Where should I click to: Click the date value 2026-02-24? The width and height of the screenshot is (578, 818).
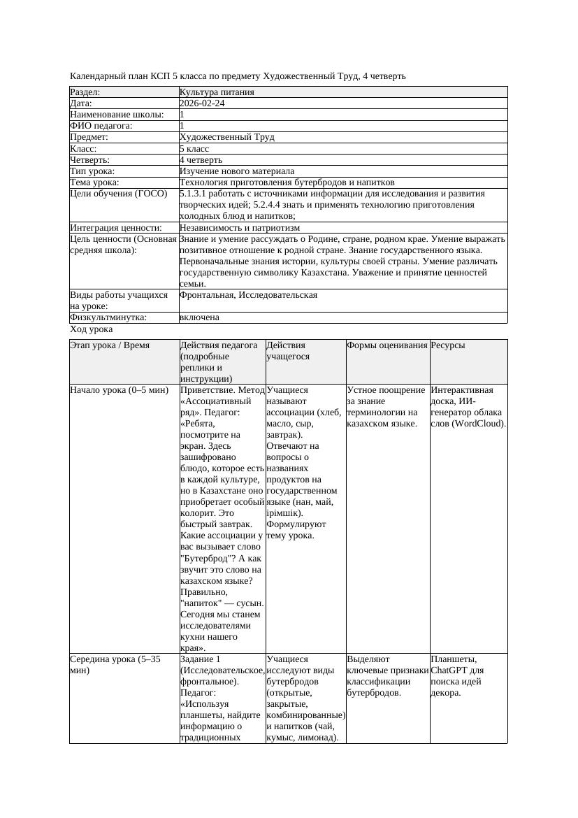pyautogui.click(x=202, y=103)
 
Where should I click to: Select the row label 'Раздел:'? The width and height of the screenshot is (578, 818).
pyautogui.click(x=85, y=92)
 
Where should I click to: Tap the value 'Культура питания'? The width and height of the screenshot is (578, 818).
pyautogui.click(x=217, y=92)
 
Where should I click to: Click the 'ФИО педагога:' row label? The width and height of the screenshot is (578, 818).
pyautogui.click(x=101, y=126)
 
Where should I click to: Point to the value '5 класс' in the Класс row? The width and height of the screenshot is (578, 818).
pyautogui.click(x=194, y=149)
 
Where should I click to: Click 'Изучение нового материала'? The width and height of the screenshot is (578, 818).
pyautogui.click(x=236, y=171)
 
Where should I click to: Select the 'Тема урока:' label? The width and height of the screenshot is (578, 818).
pyautogui.click(x=94, y=182)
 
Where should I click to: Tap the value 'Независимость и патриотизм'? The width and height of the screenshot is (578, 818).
pyautogui.click(x=239, y=228)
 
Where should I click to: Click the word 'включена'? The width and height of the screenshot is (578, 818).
pyautogui.click(x=199, y=317)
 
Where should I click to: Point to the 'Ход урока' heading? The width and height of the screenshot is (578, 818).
pyautogui.click(x=92, y=329)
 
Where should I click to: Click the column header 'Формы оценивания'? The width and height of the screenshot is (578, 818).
pyautogui.click(x=386, y=345)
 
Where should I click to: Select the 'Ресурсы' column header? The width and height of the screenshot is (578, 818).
pyautogui.click(x=448, y=345)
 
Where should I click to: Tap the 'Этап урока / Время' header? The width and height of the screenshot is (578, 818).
pyautogui.click(x=110, y=345)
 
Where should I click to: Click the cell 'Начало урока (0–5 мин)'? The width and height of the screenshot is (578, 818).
pyautogui.click(x=120, y=390)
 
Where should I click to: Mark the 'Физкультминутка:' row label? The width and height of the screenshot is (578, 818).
pyautogui.click(x=108, y=317)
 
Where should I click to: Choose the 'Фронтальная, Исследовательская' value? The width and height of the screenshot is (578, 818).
pyautogui.click(x=248, y=295)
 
